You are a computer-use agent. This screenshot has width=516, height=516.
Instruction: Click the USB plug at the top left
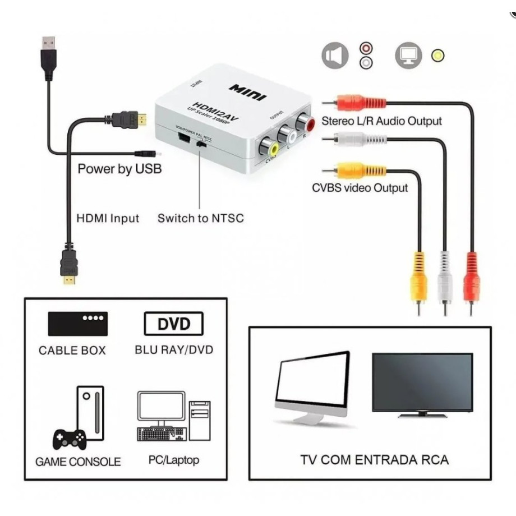point(49,56)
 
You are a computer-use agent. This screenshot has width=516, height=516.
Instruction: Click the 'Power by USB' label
point(119,168)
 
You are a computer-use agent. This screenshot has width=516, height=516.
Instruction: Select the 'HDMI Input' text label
point(108,218)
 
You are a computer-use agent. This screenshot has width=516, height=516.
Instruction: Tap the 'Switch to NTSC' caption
point(201,218)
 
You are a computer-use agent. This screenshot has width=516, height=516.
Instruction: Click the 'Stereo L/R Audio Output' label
point(381,121)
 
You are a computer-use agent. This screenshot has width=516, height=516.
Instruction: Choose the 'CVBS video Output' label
point(360,188)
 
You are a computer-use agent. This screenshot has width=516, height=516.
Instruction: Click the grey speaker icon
point(335,56)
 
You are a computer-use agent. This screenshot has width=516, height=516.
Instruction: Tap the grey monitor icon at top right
point(408,56)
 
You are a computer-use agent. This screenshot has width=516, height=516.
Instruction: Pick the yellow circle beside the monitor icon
point(437,56)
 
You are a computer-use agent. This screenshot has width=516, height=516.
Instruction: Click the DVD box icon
point(173,324)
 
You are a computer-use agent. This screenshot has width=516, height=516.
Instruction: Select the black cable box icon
point(77,324)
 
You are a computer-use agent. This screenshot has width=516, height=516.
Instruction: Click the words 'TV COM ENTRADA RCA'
point(374,460)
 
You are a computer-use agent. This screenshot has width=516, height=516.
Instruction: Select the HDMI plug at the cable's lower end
point(68,266)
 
